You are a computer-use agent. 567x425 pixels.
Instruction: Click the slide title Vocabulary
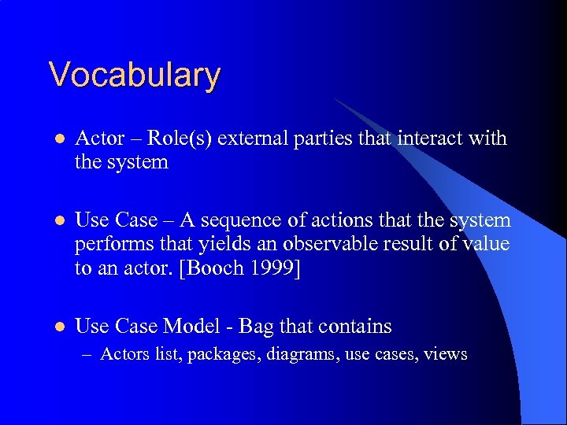(x=134, y=76)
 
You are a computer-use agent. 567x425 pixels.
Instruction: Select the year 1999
(x=277, y=269)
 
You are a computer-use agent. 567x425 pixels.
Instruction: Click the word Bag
(x=255, y=326)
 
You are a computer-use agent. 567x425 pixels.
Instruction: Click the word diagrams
(x=299, y=355)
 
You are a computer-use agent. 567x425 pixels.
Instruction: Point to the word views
(x=446, y=355)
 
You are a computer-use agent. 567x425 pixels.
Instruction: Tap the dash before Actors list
(x=89, y=355)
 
